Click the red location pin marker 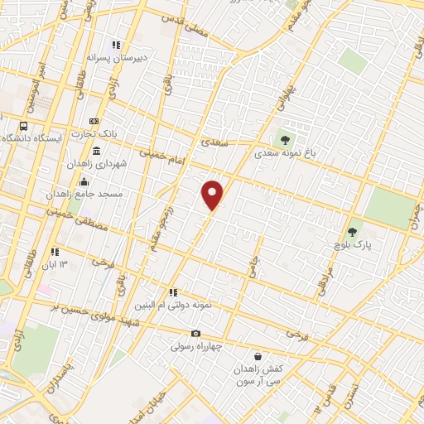coord(214,195)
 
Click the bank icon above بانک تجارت coord(94,122)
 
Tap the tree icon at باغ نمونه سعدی coord(286,140)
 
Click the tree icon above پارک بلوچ coord(353,231)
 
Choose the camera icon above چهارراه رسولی coord(195,333)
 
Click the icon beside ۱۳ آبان coord(55,252)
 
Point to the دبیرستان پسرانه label coord(118,59)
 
